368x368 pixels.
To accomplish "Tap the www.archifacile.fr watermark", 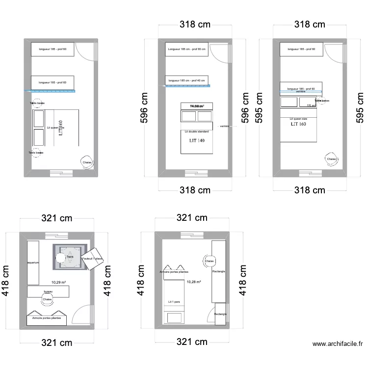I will pos(338,344).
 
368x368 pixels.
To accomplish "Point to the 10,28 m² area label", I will pos(194,282).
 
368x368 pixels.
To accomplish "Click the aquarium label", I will pos(33,263).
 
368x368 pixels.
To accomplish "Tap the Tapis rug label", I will pos(70,256).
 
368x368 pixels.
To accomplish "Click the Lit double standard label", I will pos(197,131).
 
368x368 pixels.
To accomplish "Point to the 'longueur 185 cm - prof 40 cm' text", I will pos(186,80).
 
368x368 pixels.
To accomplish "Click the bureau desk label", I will pos(48,292).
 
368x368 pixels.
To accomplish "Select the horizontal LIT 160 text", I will pos(298,124).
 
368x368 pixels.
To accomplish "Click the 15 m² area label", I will pos(311,105).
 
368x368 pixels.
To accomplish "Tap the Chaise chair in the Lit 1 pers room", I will pos(209,261).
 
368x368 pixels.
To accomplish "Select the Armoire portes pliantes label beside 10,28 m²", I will pos(174,271).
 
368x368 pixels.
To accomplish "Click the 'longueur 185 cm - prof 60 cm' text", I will pos(186,49).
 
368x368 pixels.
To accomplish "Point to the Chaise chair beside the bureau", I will pos(47,299).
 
